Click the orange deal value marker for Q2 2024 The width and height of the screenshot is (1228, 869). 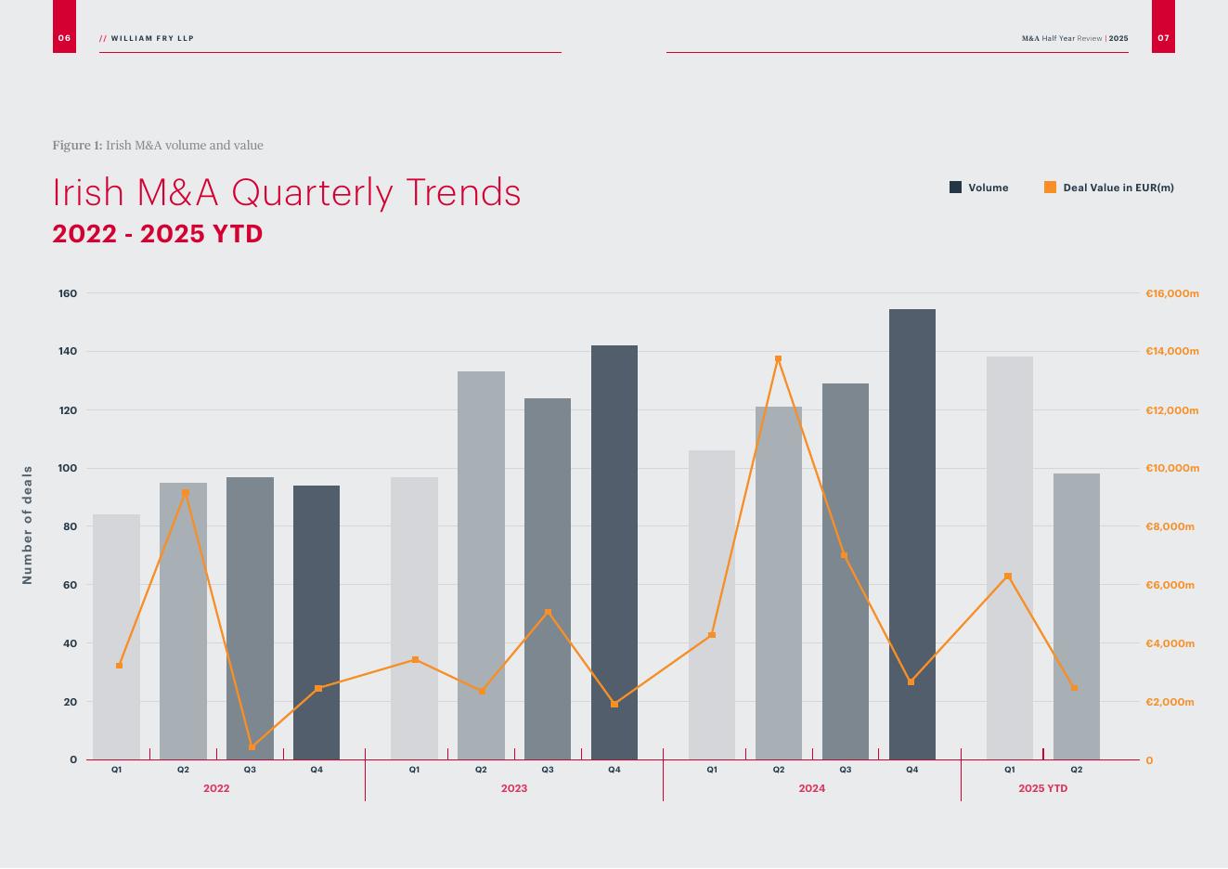pos(778,359)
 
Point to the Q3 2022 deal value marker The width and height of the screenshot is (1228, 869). pos(252,746)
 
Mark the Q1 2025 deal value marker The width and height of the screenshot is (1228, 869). pos(1008,577)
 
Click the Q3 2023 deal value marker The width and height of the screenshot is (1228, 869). pos(548,613)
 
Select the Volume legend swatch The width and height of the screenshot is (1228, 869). pos(955,188)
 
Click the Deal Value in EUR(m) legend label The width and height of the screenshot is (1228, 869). pos(1118,188)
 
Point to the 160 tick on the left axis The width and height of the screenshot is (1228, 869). pos(68,293)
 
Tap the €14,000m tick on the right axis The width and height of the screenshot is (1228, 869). pos(1171,351)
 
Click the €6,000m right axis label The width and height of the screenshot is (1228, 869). pos(1170,585)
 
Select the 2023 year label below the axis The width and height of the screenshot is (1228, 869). pos(513,788)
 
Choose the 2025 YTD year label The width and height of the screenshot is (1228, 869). pos(1042,788)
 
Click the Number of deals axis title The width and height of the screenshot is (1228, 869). pos(27,525)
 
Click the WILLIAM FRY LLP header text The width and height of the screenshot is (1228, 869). pos(152,38)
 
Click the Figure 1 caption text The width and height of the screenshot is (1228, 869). pos(158,146)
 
